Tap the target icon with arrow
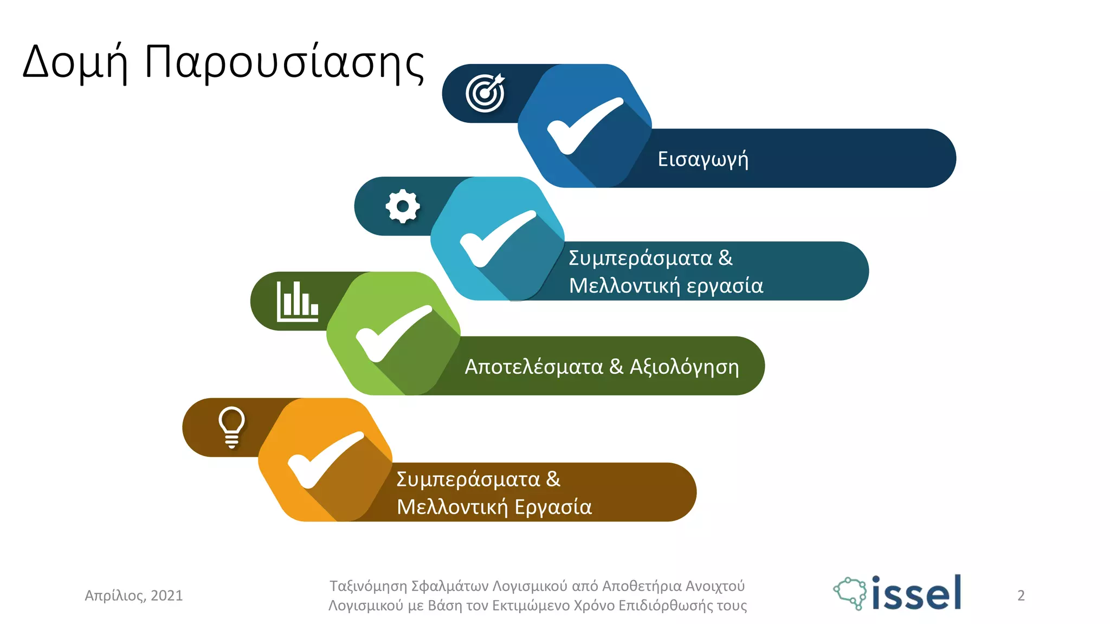click(485, 93)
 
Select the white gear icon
click(403, 206)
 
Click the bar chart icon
click(297, 301)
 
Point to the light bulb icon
click(231, 427)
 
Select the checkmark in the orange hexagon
click(325, 459)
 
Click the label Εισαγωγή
click(703, 159)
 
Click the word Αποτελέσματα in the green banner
click(533, 367)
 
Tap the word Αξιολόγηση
click(684, 367)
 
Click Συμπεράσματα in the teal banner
click(640, 258)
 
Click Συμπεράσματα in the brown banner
click(468, 480)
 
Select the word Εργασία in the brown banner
click(553, 508)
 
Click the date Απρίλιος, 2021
click(134, 596)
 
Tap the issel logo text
click(916, 594)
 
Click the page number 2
click(1021, 596)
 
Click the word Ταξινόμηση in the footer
click(368, 586)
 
